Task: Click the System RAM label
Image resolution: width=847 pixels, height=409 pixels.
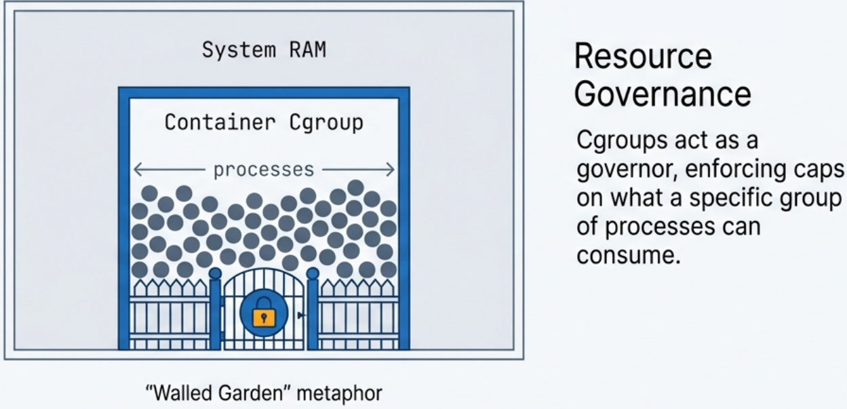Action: (x=264, y=51)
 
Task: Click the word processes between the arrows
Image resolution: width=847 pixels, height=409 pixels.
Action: (x=264, y=170)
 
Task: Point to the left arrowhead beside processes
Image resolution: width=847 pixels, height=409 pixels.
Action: (x=136, y=170)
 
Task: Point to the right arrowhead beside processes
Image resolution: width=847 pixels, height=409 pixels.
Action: (x=391, y=170)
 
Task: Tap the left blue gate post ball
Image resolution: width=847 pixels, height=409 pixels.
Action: (x=215, y=273)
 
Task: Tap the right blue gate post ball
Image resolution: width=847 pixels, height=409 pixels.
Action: (x=313, y=273)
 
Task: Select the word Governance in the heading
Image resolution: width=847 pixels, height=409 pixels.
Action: (x=663, y=94)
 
